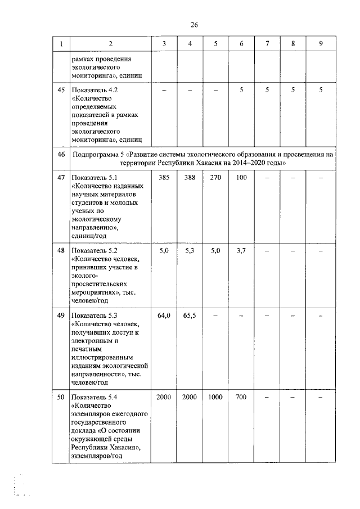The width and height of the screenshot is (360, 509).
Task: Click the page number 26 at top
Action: (x=194, y=24)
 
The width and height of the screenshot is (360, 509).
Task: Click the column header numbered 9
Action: (x=320, y=44)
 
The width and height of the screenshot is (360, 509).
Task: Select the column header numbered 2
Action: (x=110, y=44)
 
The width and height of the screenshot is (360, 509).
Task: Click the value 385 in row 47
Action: (x=164, y=178)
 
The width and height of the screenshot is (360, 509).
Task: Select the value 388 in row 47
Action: (x=190, y=178)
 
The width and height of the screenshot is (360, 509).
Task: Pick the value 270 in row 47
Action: (x=215, y=178)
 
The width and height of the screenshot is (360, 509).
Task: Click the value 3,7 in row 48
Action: (x=241, y=250)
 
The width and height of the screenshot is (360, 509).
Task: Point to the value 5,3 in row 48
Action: (x=190, y=250)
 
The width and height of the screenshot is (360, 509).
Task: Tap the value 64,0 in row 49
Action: (x=164, y=316)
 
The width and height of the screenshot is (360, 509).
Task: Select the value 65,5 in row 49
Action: (x=190, y=316)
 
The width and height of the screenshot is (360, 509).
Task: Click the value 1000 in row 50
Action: (x=215, y=397)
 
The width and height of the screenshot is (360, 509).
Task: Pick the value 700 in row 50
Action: (x=241, y=397)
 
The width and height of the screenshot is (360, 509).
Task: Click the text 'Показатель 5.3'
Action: (x=94, y=316)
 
